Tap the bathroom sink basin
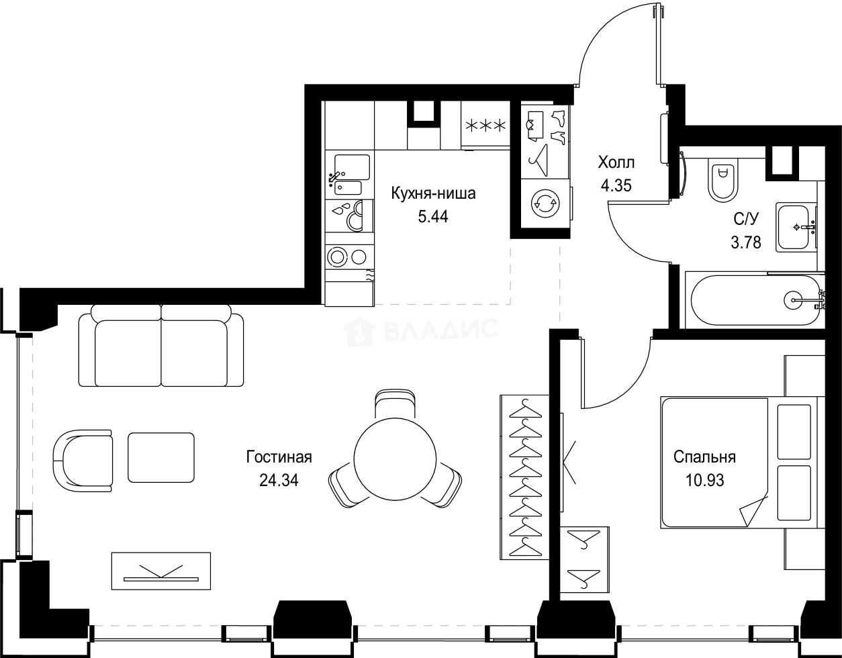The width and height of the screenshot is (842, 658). (x=796, y=227)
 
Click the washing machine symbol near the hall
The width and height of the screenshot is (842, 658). (x=545, y=205)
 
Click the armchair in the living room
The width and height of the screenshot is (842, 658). (x=82, y=460)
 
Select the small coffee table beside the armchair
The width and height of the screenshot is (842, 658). (x=161, y=457)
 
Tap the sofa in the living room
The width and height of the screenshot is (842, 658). (x=161, y=346)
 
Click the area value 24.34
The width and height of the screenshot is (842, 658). (x=278, y=480)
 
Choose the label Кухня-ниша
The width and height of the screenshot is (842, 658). (x=433, y=195)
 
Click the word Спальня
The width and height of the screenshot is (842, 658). (x=704, y=458)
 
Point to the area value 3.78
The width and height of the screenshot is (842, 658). (x=746, y=242)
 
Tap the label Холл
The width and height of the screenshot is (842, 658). (x=616, y=162)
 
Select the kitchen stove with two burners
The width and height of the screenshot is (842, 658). (x=348, y=256)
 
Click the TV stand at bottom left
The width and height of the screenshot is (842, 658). (x=160, y=571)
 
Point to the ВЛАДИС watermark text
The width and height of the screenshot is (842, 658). (x=440, y=330)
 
